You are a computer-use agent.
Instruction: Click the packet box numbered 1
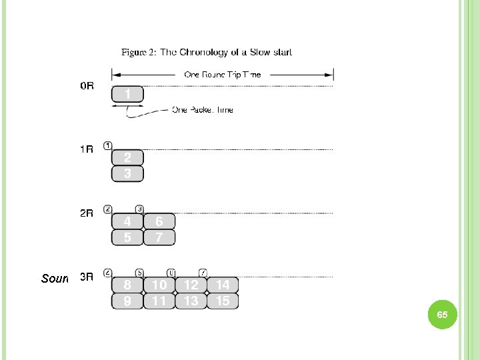click(x=127, y=95)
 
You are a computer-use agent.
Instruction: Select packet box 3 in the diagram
click(x=127, y=174)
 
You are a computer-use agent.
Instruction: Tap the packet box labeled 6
click(x=159, y=221)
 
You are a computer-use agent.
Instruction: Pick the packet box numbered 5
click(x=127, y=237)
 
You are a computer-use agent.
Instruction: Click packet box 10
click(x=159, y=285)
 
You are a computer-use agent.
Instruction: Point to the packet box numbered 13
click(x=191, y=301)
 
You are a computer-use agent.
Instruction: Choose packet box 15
click(x=223, y=301)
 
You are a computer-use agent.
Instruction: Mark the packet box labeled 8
click(x=127, y=285)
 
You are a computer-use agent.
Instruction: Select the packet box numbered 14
click(x=223, y=285)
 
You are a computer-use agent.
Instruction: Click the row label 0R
click(x=87, y=86)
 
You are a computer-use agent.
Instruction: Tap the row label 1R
click(x=87, y=149)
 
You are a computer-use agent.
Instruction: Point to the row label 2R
click(x=87, y=213)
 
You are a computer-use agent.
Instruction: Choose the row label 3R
click(x=87, y=277)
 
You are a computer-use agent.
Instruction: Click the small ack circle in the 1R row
click(x=108, y=145)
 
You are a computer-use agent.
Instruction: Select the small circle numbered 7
click(x=203, y=273)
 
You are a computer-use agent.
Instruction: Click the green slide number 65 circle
click(x=442, y=314)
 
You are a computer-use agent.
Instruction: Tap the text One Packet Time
click(x=203, y=110)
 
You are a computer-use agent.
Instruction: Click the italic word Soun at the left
click(x=55, y=278)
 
